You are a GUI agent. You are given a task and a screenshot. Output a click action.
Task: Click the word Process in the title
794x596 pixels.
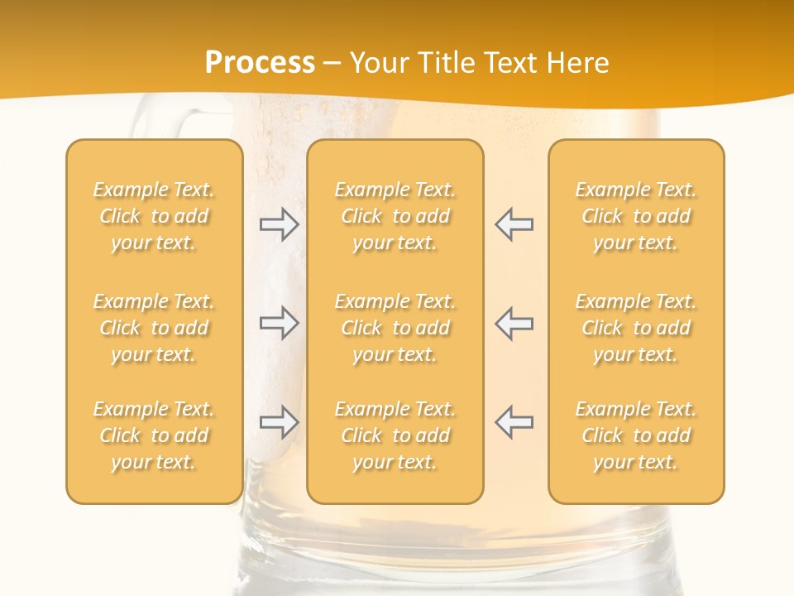[260, 63]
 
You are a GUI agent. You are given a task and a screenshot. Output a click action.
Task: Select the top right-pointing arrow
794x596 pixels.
[280, 224]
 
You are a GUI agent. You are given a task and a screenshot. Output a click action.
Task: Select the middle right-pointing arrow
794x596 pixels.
[280, 323]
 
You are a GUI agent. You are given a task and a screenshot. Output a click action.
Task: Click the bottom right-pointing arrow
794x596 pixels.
[280, 422]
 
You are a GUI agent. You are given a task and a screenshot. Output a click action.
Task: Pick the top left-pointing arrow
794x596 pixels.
[514, 224]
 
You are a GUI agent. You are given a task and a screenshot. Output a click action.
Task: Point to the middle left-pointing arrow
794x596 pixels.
[514, 323]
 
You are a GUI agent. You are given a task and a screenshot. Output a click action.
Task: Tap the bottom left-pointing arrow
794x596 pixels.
[514, 422]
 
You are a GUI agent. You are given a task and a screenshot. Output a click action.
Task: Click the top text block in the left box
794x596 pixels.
[154, 216]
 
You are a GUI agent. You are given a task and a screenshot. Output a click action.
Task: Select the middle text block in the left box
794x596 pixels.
[154, 328]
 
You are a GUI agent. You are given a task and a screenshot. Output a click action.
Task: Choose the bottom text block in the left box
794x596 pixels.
[154, 435]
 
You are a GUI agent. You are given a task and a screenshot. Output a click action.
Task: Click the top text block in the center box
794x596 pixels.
[395, 216]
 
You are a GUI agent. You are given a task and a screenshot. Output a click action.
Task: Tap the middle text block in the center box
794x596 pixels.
[395, 328]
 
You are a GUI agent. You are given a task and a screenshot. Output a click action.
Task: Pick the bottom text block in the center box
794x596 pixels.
[395, 435]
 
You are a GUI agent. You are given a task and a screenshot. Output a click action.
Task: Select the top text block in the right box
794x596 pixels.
[635, 216]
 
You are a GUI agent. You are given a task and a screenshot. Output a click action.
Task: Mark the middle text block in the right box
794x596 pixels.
[635, 328]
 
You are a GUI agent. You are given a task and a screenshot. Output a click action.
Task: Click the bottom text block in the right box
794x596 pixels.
[635, 435]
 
